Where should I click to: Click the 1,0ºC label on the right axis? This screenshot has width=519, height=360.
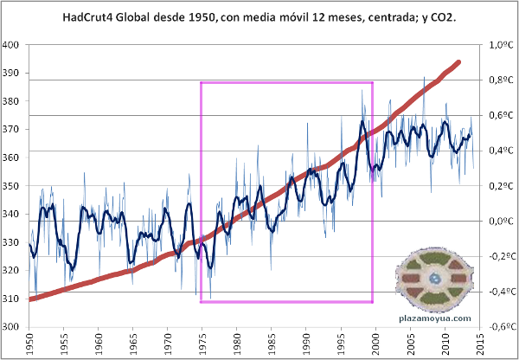click(501, 44)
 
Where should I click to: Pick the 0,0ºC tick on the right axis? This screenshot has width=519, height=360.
click(501, 221)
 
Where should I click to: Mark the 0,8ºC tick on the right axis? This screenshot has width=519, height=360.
click(501, 80)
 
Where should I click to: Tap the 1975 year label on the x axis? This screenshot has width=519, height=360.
click(201, 344)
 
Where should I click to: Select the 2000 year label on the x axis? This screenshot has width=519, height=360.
click(373, 344)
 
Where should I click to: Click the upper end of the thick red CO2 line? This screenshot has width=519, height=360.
click(458, 62)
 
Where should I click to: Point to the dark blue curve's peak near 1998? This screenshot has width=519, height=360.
click(363, 121)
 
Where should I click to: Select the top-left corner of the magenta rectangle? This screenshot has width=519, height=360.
click(201, 82)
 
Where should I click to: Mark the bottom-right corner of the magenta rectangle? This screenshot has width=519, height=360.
click(373, 302)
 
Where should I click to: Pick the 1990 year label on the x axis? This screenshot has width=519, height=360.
click(304, 344)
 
